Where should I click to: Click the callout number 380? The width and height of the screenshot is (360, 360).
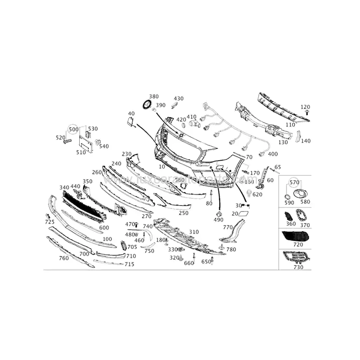154,97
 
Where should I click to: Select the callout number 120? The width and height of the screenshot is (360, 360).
306,107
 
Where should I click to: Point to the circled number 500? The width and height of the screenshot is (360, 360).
73,129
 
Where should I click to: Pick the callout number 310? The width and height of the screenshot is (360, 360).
193,232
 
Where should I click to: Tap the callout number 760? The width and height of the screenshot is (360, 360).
63,258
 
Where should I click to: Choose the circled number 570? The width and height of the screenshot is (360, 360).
294,182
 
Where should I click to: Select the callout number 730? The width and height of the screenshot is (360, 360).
298,267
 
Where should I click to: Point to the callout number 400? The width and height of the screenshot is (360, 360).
273,154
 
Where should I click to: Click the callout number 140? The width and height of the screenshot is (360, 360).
306,141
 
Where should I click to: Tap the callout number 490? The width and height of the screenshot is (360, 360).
219,220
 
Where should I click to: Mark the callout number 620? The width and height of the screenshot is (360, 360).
257,195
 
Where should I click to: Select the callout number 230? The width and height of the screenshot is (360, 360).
126,154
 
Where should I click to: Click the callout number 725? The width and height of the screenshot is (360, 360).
49,222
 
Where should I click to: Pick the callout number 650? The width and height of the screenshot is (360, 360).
206,261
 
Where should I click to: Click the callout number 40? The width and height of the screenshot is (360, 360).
131,113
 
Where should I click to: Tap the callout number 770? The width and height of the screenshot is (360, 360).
228,227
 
